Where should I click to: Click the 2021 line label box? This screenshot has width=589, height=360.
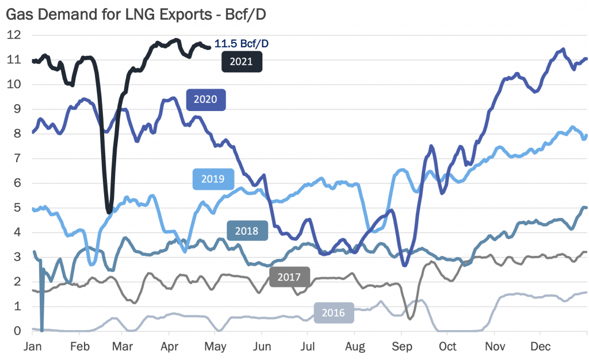tap(242, 62)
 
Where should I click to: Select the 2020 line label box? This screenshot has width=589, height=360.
tap(206, 99)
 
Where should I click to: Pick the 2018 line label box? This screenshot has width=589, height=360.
tap(247, 231)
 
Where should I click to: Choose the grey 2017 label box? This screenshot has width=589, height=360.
tap(290, 277)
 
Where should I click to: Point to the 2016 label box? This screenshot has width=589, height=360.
tap(334, 313)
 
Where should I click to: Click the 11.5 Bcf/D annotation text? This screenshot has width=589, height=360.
tap(242, 43)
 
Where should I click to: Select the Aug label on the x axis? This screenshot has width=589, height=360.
tap(355, 347)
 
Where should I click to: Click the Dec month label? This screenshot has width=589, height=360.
tap(539, 347)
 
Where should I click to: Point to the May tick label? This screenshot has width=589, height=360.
tap(215, 347)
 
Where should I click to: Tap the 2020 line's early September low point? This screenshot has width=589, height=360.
tap(405, 265)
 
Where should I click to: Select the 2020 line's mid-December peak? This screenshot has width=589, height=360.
tap(562, 49)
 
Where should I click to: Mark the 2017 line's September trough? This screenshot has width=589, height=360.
tap(410, 317)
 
